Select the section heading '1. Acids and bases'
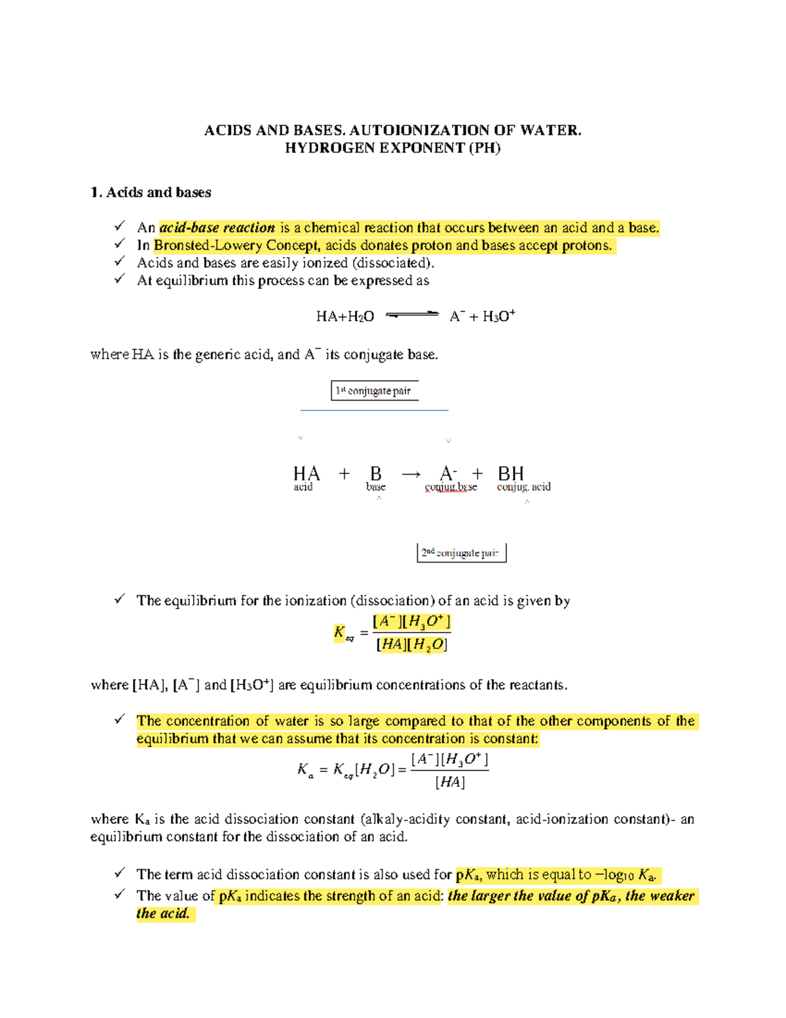(151, 192)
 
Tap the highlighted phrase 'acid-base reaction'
(217, 227)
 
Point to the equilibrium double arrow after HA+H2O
(412, 315)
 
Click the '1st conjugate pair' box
(374, 391)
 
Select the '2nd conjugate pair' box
(461, 553)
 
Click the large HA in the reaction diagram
(306, 473)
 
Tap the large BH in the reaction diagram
(511, 473)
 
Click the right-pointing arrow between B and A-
(411, 473)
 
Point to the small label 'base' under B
(375, 487)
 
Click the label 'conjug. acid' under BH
(523, 487)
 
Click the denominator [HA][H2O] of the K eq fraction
(411, 645)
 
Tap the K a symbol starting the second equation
(305, 770)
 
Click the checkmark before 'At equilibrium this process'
(119, 279)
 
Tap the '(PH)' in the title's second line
(485, 148)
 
